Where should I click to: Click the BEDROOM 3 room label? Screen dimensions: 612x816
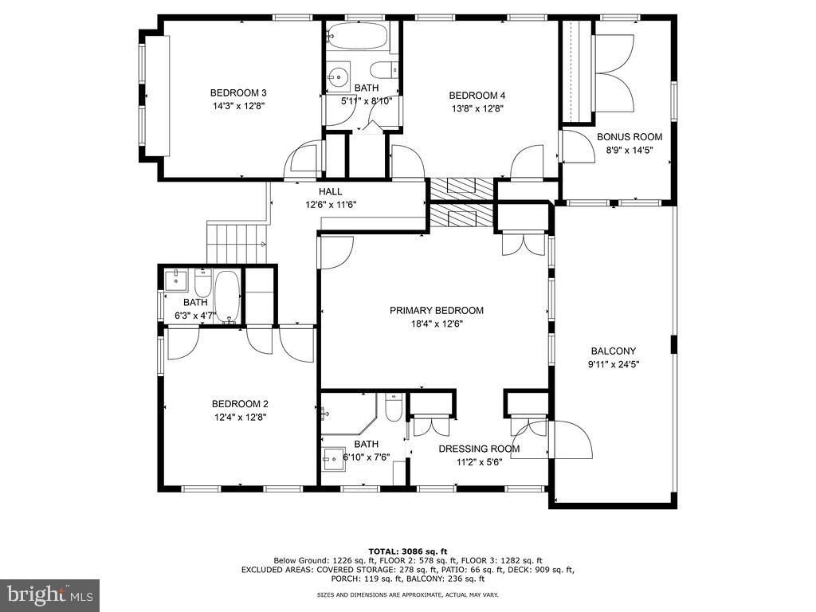[x=238, y=92]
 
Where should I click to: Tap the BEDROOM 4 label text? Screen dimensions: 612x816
[x=477, y=96]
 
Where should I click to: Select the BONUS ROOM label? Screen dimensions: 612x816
[x=630, y=137]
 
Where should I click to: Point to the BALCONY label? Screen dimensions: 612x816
[x=613, y=351]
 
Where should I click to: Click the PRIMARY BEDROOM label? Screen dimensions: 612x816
[x=436, y=311]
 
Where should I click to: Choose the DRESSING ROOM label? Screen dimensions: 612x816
[x=479, y=449]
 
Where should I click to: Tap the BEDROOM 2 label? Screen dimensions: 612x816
[x=239, y=403]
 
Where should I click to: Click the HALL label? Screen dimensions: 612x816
[x=331, y=192]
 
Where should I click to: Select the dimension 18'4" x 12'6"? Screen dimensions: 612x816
[x=437, y=324]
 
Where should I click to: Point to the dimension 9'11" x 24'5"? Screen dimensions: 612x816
[x=613, y=365]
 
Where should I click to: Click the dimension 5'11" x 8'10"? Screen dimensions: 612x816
[x=367, y=101]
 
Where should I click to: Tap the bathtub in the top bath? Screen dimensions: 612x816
[x=358, y=36]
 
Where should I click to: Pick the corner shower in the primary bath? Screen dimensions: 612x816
[x=344, y=414]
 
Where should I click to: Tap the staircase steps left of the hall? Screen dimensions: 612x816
[x=235, y=241]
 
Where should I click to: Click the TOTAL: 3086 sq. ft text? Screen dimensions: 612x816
[x=407, y=551]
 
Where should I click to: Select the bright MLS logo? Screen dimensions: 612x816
[x=49, y=594]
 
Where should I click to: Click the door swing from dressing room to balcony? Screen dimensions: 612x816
[x=567, y=441]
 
